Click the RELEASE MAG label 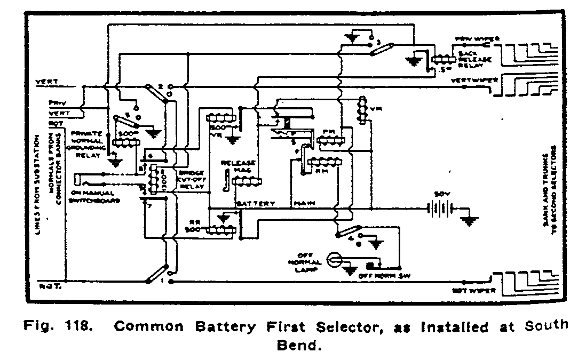click(239, 167)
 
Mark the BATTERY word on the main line click(256, 204)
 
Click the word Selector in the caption click(357, 326)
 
